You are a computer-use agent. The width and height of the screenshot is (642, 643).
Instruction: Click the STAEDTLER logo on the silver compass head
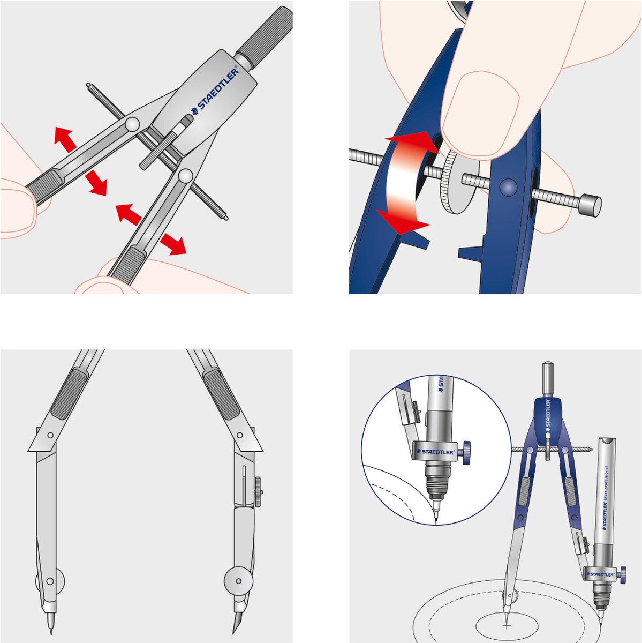coord(214,92)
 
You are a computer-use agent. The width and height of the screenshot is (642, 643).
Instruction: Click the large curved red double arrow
coord(407,182)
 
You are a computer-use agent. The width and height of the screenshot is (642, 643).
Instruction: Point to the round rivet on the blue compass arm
coord(507,186)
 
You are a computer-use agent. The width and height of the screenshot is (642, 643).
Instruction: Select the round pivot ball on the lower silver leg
coord(186,175)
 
